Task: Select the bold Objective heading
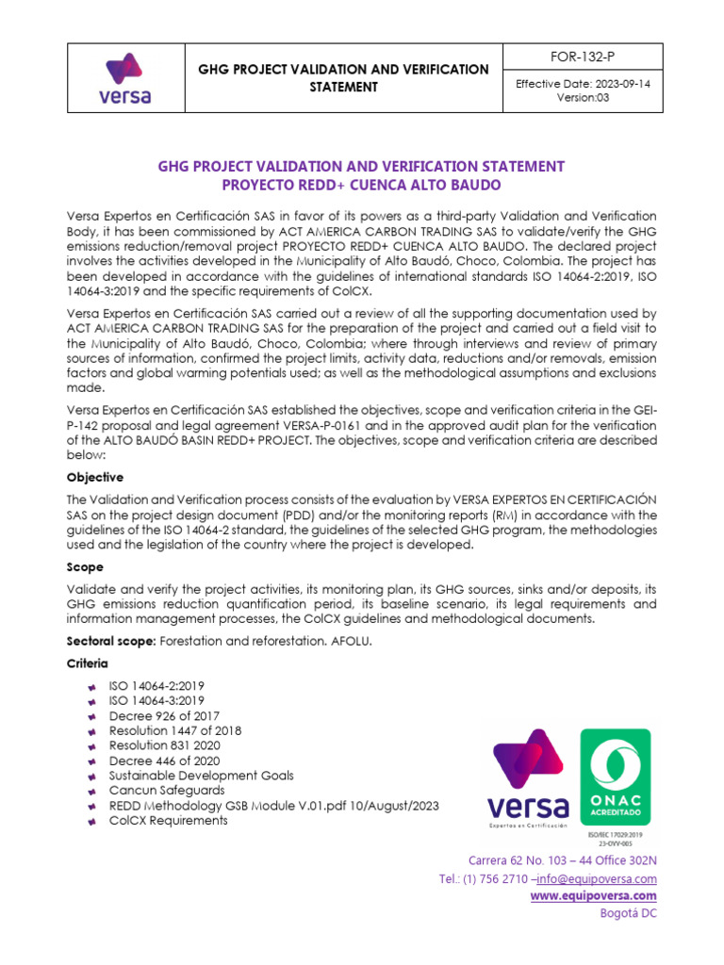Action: coord(94,478)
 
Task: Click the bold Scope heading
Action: coord(84,567)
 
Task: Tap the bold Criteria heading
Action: coord(88,663)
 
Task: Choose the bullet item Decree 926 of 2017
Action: coord(164,715)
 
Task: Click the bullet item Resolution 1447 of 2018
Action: coord(175,730)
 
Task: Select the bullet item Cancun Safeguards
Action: coord(167,791)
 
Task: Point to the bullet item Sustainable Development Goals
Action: coord(201,776)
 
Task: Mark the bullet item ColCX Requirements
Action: coord(169,821)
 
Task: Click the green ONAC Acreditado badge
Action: coord(614,774)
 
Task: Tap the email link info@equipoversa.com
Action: coord(597,877)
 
